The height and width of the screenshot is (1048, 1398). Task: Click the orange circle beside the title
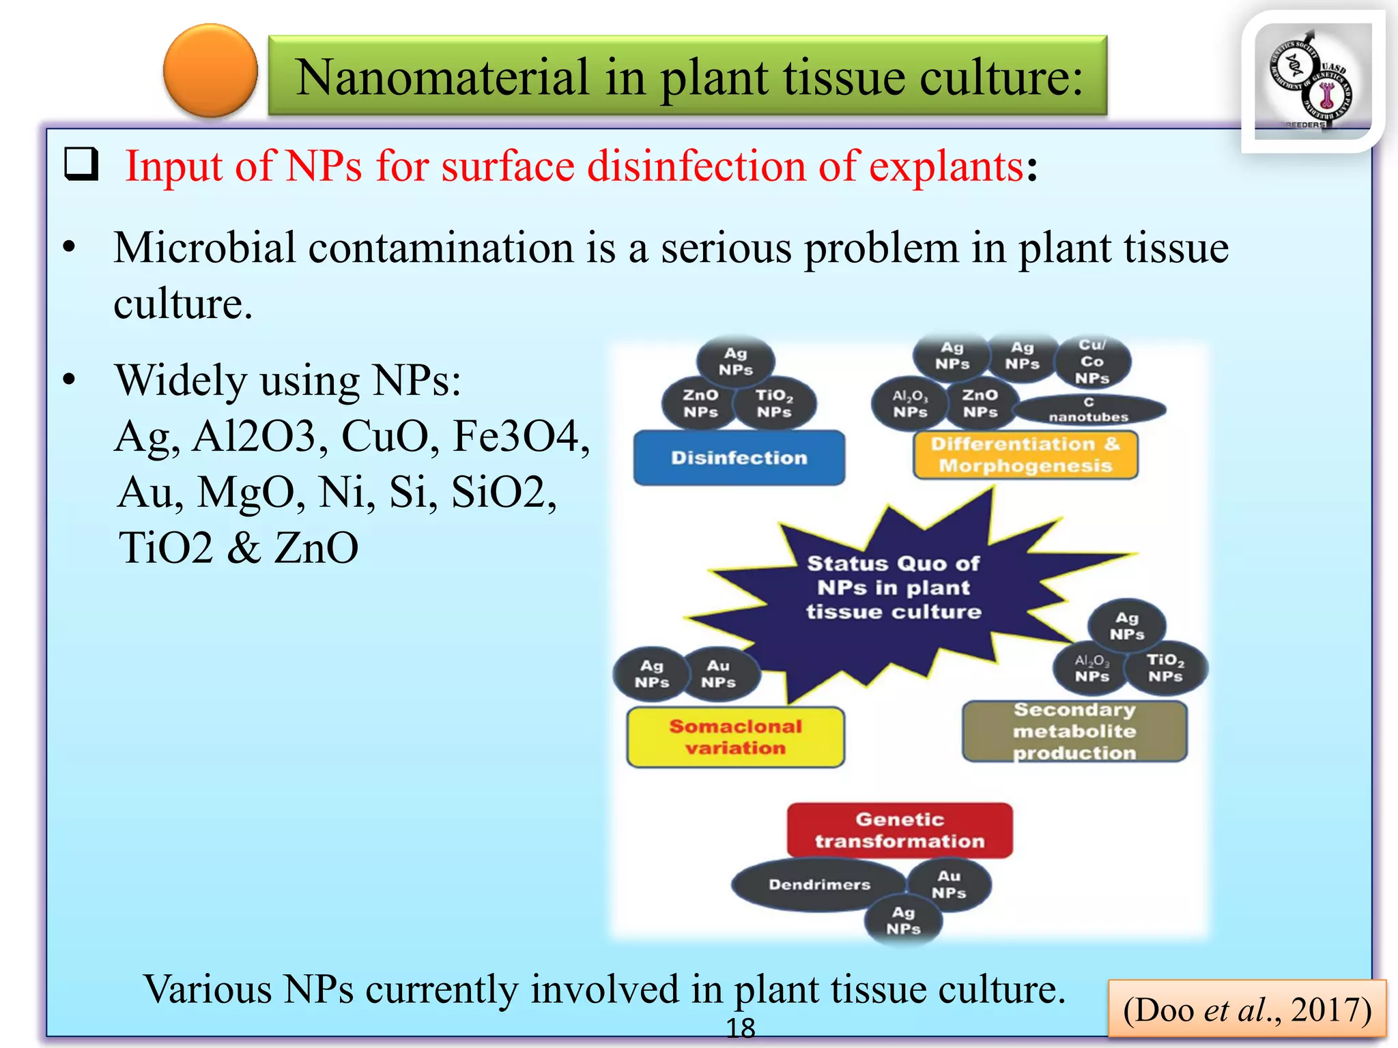tap(210, 70)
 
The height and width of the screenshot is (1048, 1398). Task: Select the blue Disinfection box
tap(739, 457)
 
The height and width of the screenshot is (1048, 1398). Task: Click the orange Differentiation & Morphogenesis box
tap(1025, 454)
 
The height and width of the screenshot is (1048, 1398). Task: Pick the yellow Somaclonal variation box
tap(735, 737)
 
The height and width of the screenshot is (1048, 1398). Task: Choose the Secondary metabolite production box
tap(1074, 731)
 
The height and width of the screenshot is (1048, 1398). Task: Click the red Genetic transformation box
tap(900, 830)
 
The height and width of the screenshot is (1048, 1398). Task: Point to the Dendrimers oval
tap(819, 884)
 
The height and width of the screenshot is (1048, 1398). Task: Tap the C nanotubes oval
tap(1089, 409)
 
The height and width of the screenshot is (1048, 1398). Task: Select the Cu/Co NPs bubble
tap(1092, 362)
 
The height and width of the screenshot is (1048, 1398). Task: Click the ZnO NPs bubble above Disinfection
tap(700, 403)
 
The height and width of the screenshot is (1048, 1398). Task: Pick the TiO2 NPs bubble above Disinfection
tap(774, 403)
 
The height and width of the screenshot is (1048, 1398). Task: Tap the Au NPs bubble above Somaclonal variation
tap(719, 673)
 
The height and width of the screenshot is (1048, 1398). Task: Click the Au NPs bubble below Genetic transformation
tap(949, 884)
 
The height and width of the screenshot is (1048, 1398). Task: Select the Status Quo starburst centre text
tap(894, 587)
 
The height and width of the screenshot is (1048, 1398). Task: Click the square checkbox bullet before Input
tap(81, 164)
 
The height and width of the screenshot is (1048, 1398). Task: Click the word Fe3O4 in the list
tap(521, 436)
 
